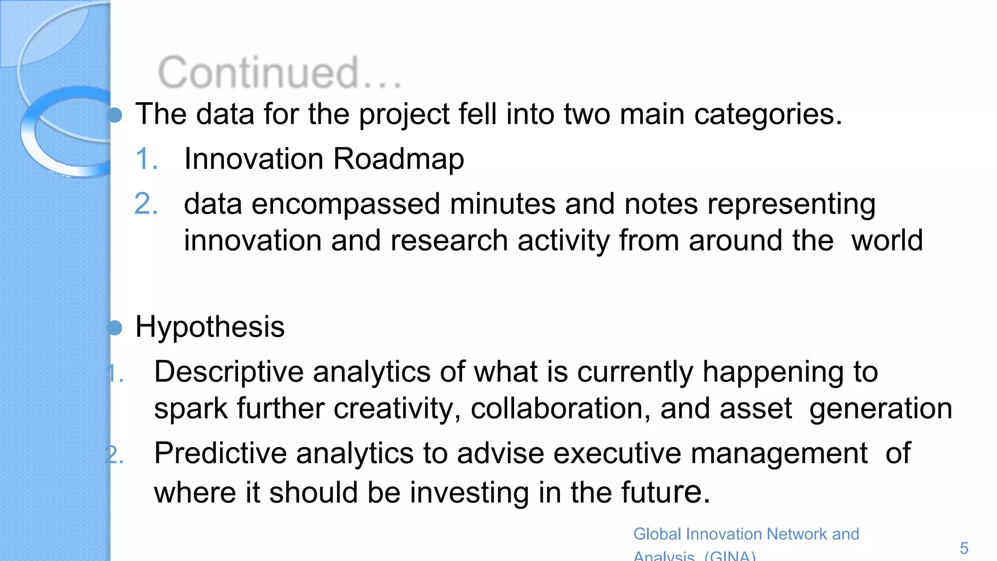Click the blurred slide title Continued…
tap(279, 73)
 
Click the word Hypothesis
tap(210, 327)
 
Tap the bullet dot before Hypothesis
tap(115, 328)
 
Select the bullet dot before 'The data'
tap(115, 115)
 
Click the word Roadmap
tap(398, 159)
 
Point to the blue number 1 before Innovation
tap(146, 159)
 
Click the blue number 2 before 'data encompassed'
tap(146, 204)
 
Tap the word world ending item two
tap(887, 241)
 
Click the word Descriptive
tap(229, 372)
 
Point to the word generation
tap(880, 409)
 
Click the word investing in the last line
tap(469, 492)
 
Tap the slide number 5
tap(964, 548)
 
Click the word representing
tap(791, 204)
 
